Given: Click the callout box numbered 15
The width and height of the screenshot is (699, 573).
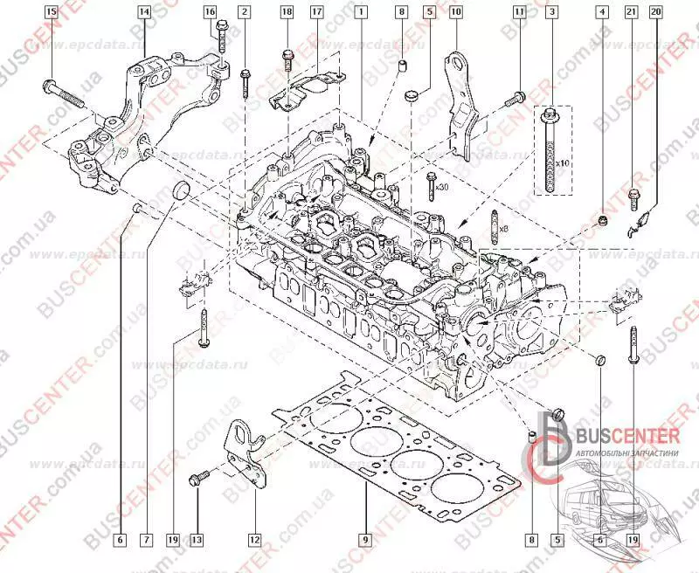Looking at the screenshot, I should [50, 11].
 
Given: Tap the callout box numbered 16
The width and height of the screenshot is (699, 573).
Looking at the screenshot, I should [210, 11].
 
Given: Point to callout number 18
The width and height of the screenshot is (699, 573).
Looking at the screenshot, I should [287, 11].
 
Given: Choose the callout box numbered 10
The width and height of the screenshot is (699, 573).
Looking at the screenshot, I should [455, 11].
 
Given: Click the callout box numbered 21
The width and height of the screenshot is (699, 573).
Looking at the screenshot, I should [632, 11].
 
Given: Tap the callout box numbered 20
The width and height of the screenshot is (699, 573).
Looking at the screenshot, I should [656, 11].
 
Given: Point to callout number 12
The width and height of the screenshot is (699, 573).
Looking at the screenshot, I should [253, 540].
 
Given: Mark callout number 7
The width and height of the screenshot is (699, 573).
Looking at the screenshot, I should [146, 540].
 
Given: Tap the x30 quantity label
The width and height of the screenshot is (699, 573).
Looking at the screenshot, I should [443, 188].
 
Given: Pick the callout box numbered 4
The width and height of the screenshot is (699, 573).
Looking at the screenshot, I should [601, 11].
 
